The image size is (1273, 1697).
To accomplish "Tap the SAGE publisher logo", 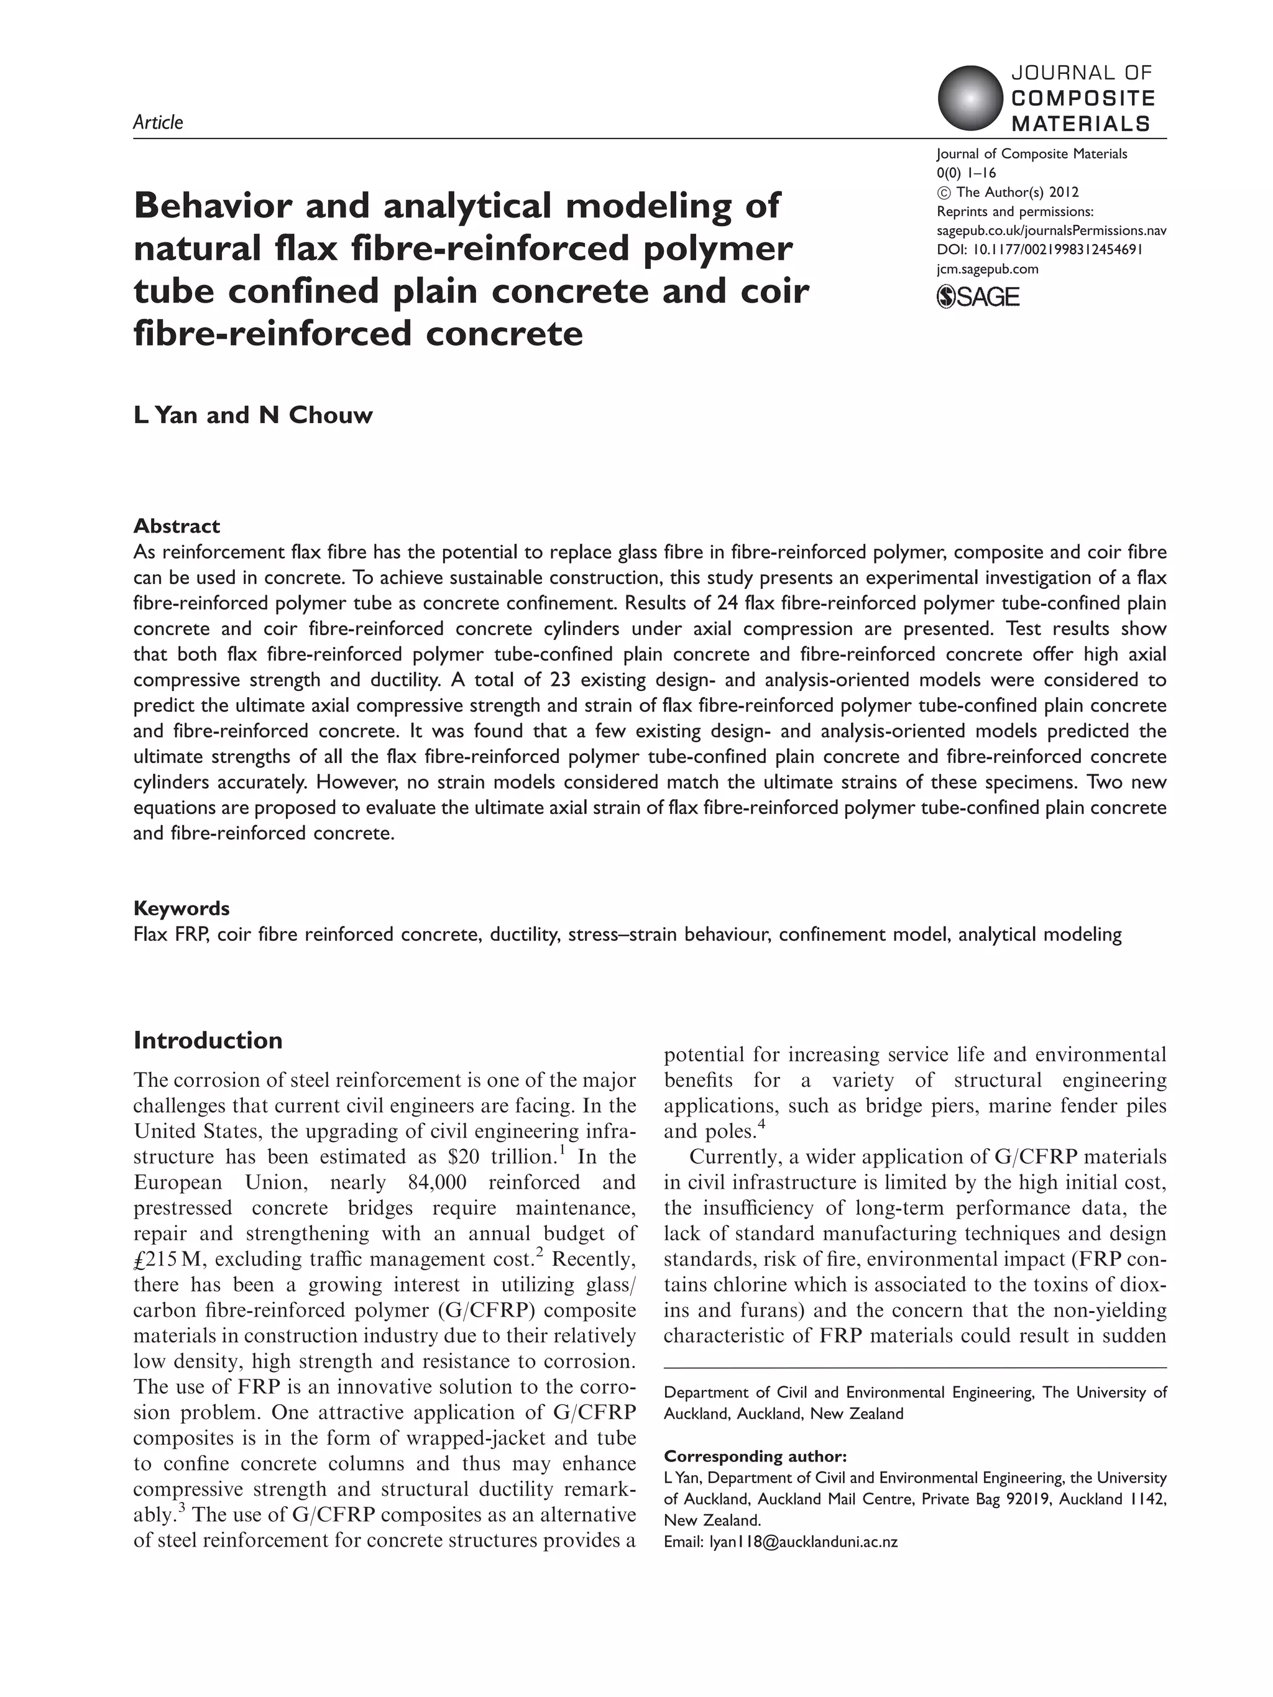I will click(x=978, y=296).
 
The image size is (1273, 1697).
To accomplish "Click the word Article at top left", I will click(x=158, y=122).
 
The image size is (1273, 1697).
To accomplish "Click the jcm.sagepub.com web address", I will click(x=988, y=268).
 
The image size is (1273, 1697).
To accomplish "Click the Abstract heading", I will click(x=177, y=526).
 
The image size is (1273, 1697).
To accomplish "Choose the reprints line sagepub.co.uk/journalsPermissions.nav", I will click(x=1051, y=230).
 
